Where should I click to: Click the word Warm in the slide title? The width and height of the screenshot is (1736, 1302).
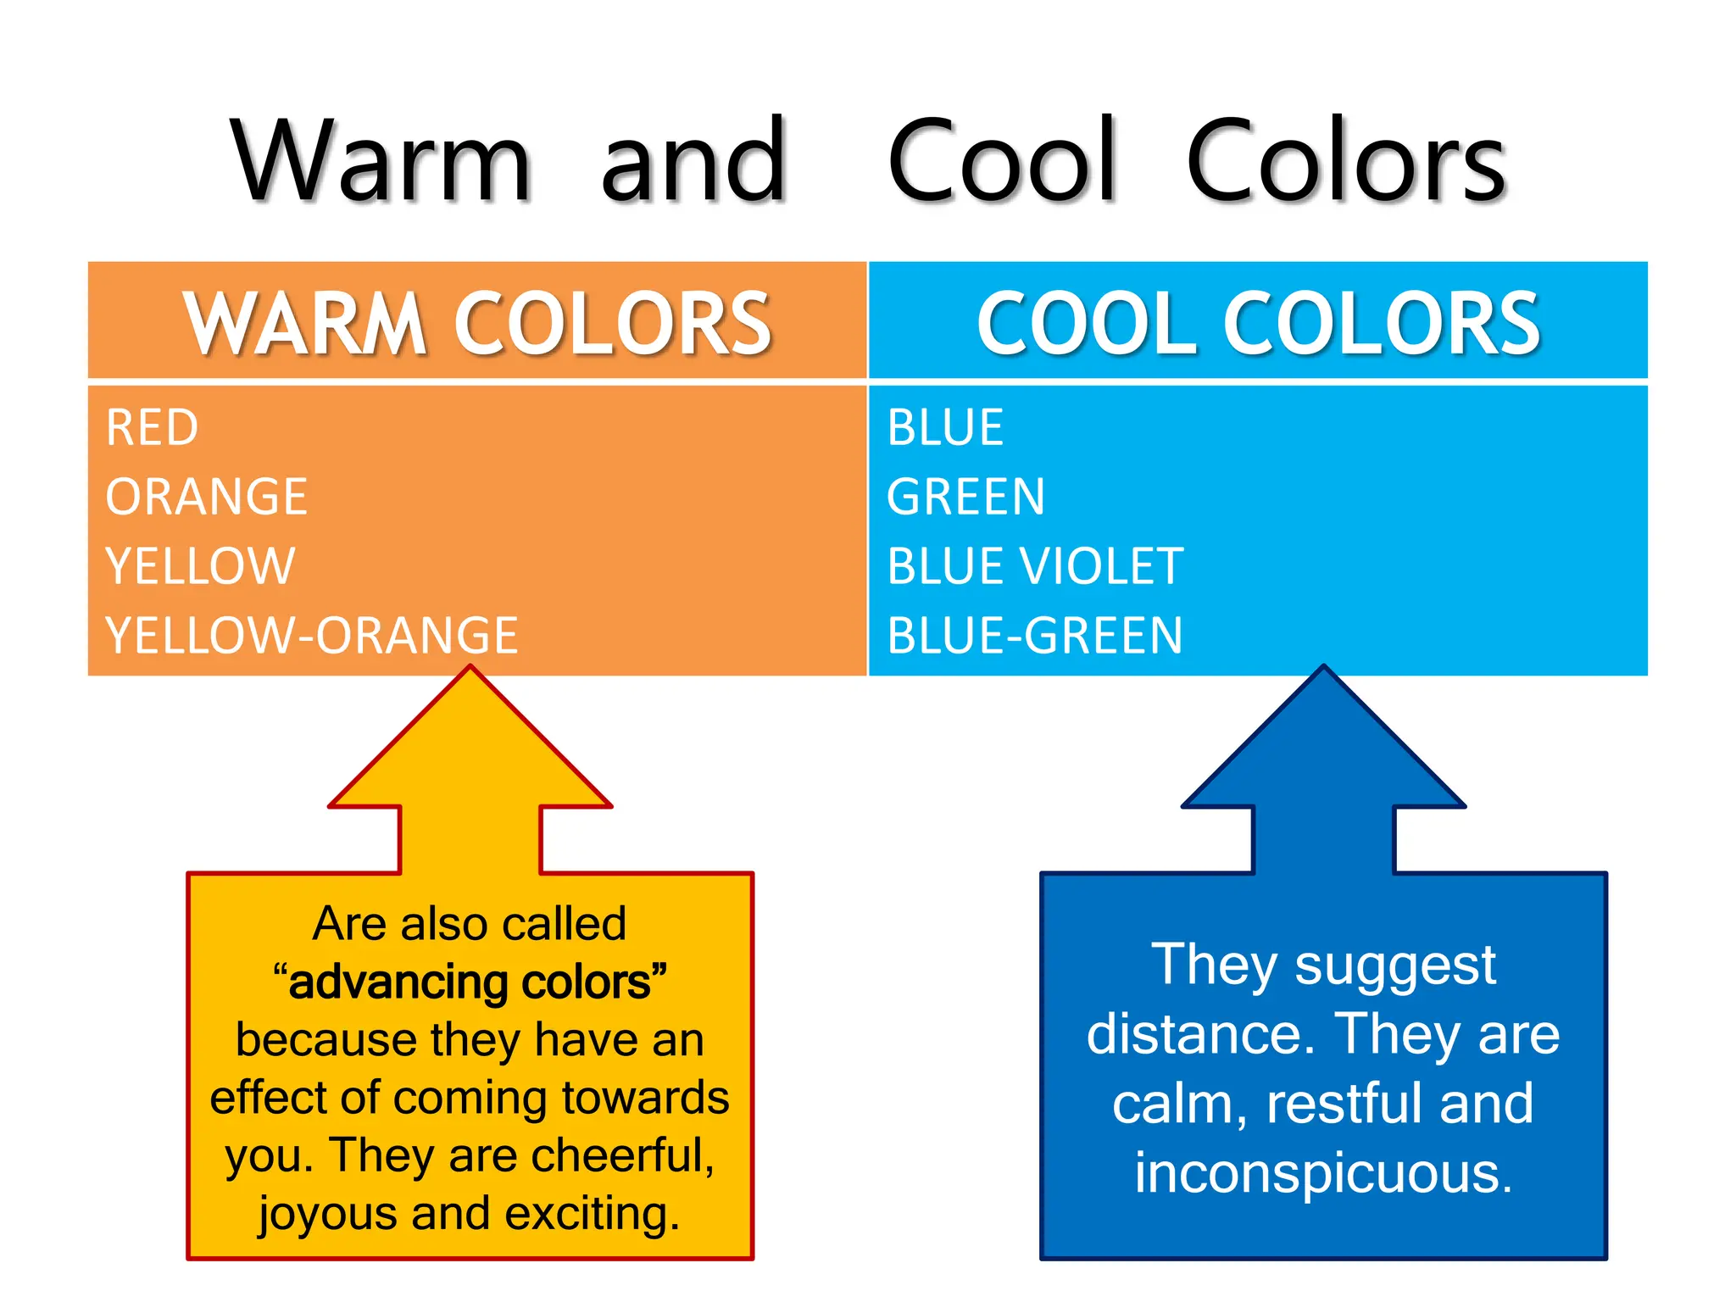coord(381,161)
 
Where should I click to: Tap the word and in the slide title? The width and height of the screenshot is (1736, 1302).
coord(694,161)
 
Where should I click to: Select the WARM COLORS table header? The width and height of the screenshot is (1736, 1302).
coord(477,323)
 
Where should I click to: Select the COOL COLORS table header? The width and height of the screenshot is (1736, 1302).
coord(1258,323)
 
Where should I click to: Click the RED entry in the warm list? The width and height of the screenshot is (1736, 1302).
coord(153,427)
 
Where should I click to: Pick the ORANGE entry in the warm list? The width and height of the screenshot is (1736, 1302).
coord(206,497)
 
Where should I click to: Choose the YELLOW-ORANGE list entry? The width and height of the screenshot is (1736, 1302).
coord(311,636)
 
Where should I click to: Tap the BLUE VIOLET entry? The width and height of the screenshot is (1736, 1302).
coord(1035,566)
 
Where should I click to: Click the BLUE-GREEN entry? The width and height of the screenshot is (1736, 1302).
coord(1035,636)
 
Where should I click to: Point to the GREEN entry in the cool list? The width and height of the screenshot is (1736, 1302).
coord(966,497)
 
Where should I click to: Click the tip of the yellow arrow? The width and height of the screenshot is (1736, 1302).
coord(470,670)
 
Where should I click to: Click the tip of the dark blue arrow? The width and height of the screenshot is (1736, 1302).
coord(1323,670)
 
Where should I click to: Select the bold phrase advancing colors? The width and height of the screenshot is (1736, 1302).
coord(470,982)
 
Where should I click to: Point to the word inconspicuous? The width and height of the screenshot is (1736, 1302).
coord(1323,1174)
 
